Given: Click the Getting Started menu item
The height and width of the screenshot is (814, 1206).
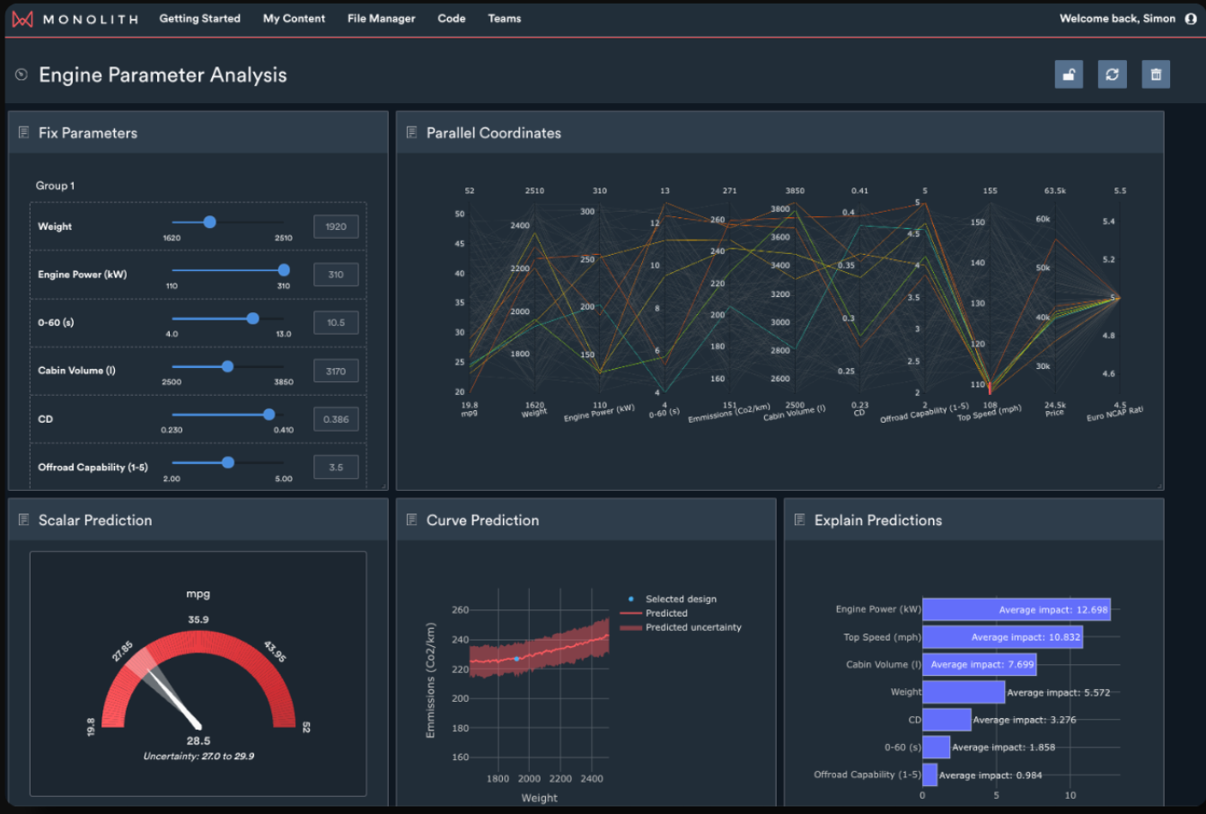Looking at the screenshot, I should coord(199,19).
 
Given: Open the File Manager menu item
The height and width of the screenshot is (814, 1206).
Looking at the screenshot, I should coord(381,19).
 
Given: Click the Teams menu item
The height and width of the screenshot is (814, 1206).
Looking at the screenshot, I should coord(504,19).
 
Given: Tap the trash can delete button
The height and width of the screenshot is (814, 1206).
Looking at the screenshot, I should coord(1156,74).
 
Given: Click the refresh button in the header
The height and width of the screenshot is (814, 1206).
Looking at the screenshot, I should coord(1112,74).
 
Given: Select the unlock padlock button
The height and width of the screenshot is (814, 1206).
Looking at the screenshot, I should coord(1069,74).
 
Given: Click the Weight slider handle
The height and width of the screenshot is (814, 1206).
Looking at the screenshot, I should coord(209,222).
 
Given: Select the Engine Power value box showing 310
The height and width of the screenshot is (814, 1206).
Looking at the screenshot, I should coord(336,275).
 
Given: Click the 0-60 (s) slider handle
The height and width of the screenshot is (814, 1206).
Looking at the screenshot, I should coord(253,319).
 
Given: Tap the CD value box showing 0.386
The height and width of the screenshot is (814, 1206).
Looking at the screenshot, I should coord(336,419).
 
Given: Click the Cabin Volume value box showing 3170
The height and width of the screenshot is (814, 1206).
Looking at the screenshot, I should coord(336,371).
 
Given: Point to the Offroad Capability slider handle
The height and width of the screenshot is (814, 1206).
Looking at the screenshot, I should coord(228,462).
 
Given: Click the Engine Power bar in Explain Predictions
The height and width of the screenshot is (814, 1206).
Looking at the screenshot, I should coord(1016,609).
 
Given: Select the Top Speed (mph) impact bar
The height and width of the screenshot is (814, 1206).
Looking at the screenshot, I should coord(1001,637).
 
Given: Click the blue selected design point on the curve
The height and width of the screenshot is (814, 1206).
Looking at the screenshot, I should coord(516,659).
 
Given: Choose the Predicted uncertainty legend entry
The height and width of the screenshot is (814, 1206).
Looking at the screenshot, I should coord(692,627).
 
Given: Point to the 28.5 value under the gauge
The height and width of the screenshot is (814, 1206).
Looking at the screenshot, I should coord(198,741).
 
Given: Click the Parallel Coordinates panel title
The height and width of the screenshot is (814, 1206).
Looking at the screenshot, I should coord(493,133).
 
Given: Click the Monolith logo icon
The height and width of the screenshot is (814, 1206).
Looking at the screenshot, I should coord(22,19).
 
